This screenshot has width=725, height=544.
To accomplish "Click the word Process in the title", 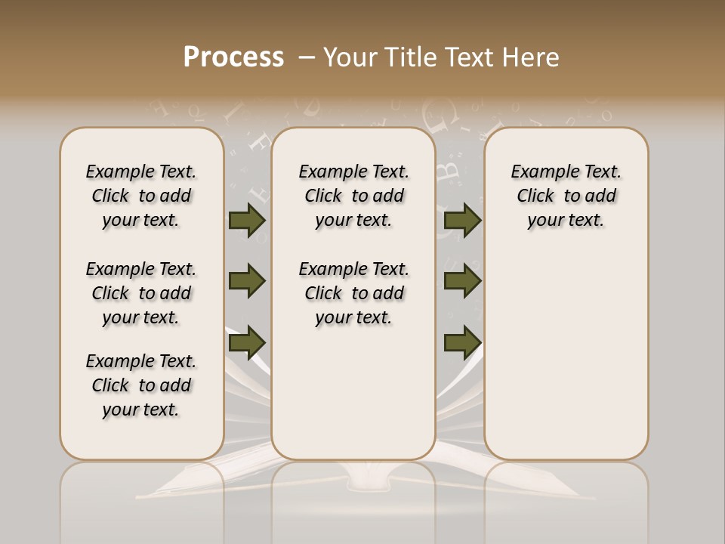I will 233,57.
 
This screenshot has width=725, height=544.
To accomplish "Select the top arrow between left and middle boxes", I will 247,221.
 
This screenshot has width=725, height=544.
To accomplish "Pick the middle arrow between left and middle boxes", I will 247,281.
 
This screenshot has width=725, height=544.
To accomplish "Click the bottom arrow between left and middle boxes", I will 247,343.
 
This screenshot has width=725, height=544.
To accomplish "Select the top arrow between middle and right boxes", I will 462,221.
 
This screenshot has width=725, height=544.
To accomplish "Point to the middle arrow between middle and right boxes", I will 462,281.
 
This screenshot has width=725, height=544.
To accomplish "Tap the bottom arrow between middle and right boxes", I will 462,343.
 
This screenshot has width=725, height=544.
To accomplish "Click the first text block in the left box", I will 141,196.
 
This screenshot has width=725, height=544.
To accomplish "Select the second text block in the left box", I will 141,293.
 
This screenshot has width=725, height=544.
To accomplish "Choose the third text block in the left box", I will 141,385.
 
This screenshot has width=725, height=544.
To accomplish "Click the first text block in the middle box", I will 353,196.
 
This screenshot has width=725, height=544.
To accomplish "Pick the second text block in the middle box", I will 353,293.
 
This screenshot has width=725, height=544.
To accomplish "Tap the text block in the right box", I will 566,196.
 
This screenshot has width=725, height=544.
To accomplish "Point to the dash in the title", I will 307,57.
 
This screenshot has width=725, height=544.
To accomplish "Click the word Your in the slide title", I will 350,57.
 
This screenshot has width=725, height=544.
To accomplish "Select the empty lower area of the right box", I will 566,355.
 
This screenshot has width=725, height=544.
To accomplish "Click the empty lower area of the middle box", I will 353,393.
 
